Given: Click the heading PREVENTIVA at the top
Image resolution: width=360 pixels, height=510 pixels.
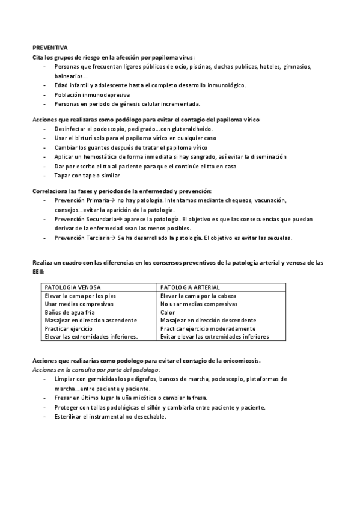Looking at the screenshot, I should (50, 46).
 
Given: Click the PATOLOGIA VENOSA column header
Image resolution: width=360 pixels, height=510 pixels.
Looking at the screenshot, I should (73, 287).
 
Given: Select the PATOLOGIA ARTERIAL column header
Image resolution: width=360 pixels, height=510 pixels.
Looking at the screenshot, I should (191, 287).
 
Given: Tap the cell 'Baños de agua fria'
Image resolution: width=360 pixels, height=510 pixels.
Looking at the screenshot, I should (70, 312).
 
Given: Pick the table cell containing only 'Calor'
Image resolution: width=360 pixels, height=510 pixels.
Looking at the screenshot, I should (168, 312).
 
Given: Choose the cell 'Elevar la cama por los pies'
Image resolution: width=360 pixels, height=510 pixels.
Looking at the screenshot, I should (80, 296).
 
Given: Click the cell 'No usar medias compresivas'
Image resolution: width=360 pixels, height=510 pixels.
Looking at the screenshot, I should (198, 304).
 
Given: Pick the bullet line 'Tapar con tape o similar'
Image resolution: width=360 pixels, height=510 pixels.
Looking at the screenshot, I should (87, 175).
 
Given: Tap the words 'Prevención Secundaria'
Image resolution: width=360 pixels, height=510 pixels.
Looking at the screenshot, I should (84, 219).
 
